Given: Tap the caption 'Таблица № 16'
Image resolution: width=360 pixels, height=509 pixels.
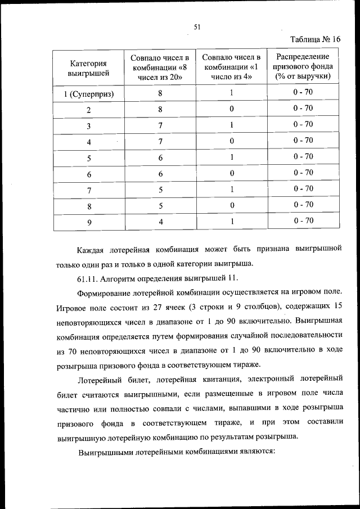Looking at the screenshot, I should tap(316, 39).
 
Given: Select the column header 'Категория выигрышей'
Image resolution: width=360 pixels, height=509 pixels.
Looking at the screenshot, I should tap(88, 67).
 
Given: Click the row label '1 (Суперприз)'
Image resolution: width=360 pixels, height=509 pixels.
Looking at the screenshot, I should tap(88, 93).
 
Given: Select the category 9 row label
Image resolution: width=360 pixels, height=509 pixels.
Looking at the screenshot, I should tap(88, 222).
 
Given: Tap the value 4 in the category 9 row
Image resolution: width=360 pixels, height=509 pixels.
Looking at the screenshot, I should tap(160, 222).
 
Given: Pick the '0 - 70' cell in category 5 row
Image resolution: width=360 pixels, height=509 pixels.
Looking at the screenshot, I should tap(303, 156).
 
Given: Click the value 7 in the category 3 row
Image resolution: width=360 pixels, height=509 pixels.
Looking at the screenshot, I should tap(160, 125).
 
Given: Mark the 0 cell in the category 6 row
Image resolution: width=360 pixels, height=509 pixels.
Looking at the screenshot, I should tap(231, 174).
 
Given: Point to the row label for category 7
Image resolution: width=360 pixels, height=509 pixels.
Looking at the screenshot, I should tap(88, 190).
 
